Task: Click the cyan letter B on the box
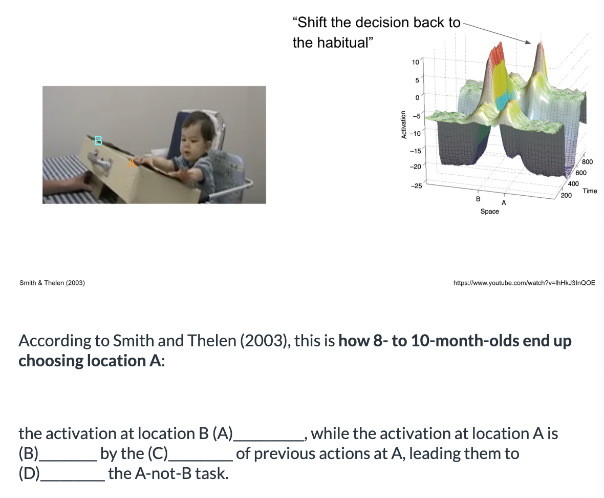point(99,139)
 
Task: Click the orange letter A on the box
point(131,162)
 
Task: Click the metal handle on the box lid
point(99,163)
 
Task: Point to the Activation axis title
point(404,125)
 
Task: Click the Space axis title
point(489,211)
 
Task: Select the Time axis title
point(590,191)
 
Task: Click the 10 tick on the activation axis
point(415,63)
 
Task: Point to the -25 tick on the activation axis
point(416,186)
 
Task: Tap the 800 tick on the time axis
point(587,162)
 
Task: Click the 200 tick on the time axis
point(566,196)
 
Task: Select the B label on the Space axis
point(478,198)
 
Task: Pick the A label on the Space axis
point(504,203)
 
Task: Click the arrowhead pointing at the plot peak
point(529,42)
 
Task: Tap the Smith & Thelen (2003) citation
point(52,283)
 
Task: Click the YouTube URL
point(524,282)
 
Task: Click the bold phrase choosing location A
point(91,361)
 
